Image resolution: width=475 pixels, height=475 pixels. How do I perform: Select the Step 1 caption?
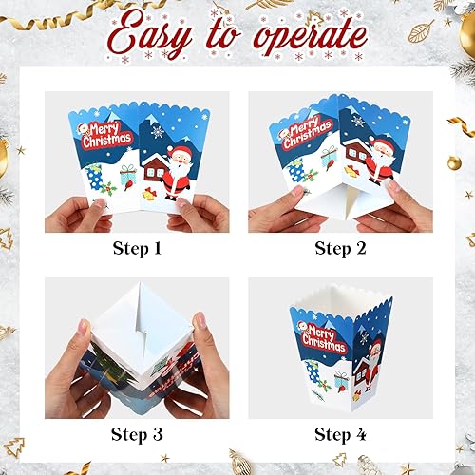(x=136, y=250)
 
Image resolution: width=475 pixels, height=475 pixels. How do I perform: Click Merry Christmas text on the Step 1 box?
(x=106, y=135)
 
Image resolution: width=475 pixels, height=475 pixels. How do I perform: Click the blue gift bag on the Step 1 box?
(x=95, y=178)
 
